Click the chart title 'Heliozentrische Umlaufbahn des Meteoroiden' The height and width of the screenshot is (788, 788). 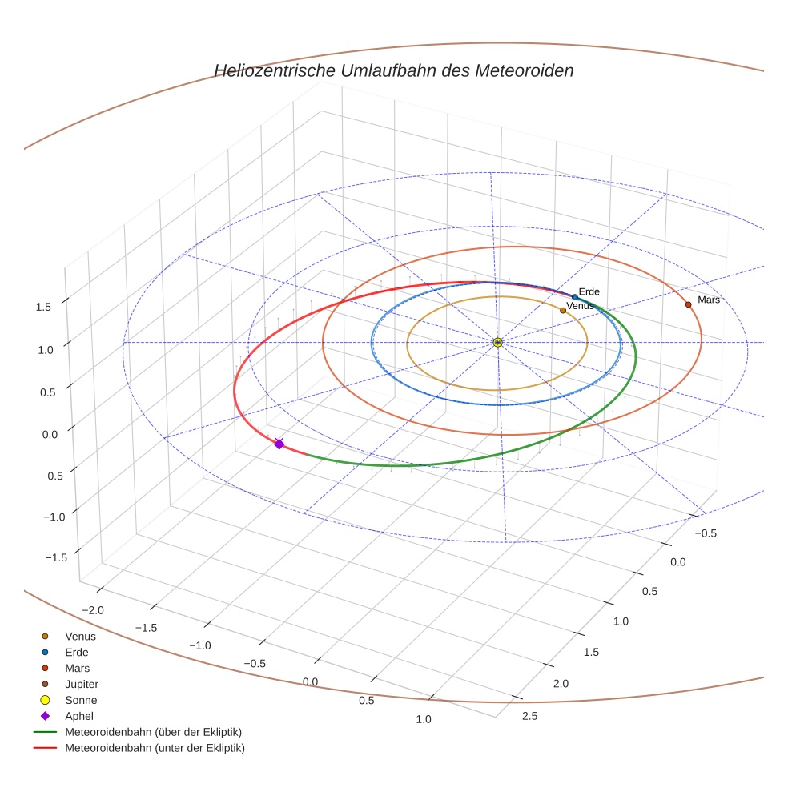[393, 70]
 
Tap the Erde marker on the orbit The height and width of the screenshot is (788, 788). [575, 297]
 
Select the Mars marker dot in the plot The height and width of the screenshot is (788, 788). [688, 304]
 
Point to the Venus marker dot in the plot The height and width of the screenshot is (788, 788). [563, 310]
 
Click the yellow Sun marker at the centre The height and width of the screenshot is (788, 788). [497, 343]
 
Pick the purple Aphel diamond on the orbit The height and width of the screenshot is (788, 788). [279, 444]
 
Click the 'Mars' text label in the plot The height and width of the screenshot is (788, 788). [709, 300]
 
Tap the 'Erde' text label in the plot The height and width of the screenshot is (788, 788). [589, 291]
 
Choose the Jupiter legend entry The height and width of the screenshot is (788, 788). [81, 684]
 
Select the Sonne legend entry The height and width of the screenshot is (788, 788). [81, 700]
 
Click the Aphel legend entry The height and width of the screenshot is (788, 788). [79, 716]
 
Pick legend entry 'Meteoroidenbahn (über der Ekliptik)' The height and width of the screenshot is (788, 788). [153, 732]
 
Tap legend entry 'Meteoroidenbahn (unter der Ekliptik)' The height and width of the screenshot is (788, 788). [155, 748]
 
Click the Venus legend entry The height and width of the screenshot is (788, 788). [80, 636]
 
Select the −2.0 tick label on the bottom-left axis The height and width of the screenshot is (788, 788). [94, 610]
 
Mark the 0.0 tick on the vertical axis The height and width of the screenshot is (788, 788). [50, 433]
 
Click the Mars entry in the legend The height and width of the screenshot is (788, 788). [77, 668]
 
